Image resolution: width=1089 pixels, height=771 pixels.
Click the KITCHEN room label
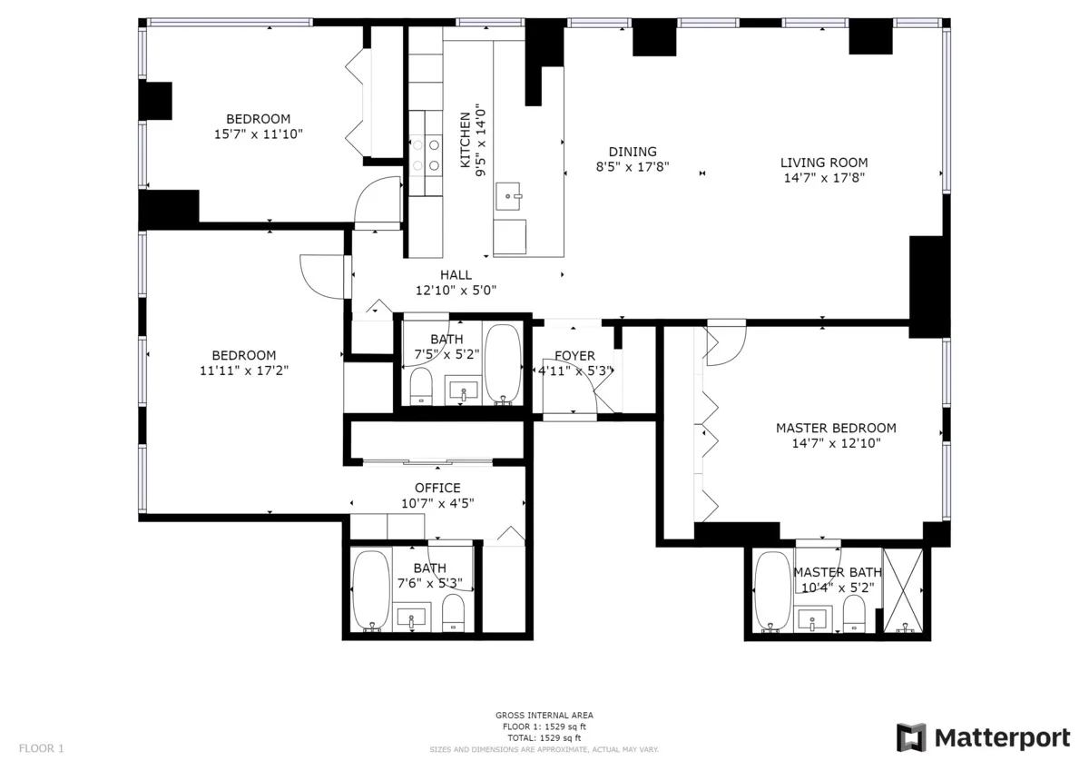(x=465, y=141)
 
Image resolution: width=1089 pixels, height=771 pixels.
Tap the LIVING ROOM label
(x=823, y=163)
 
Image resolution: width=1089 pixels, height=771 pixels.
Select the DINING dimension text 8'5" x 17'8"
(x=633, y=166)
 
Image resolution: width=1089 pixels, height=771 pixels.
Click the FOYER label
(x=574, y=356)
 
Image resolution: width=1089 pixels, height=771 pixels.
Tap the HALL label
(x=456, y=275)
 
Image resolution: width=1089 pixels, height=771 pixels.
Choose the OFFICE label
(x=437, y=488)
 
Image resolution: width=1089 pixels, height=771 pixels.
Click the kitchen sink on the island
(x=509, y=193)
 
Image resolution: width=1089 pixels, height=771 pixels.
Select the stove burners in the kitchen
(x=425, y=154)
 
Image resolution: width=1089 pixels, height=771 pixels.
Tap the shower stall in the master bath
(x=903, y=590)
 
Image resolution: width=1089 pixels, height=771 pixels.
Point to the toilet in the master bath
(x=854, y=616)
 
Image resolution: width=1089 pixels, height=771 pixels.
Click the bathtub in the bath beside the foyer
(x=501, y=362)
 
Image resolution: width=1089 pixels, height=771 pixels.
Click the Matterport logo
(x=983, y=737)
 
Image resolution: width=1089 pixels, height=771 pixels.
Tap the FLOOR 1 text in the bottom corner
(x=42, y=749)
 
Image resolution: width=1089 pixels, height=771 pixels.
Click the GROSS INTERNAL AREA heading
(x=544, y=716)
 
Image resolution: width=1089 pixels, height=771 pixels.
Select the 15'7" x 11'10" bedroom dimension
(x=258, y=133)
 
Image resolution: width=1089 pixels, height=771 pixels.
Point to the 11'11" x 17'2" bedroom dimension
(x=243, y=370)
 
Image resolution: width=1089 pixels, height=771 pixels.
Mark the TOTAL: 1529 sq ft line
(x=544, y=737)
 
